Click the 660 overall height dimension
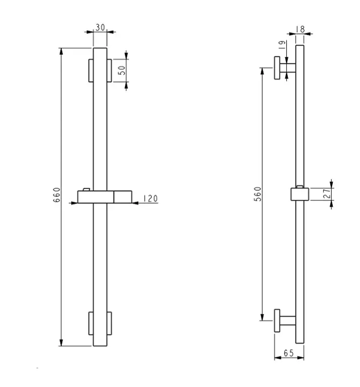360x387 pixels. pos(56,195)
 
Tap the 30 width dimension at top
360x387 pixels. pos(100,27)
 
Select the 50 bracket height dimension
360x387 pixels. pos(122,71)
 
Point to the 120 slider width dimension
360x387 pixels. pos(150,198)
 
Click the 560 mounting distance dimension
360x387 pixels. pos(258,194)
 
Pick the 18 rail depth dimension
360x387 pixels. pos(301,29)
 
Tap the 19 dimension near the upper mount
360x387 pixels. pos(282,45)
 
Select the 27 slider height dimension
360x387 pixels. pos(327,194)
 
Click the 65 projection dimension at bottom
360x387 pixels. pos(288,353)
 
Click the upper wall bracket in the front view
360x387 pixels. pos(100,71)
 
